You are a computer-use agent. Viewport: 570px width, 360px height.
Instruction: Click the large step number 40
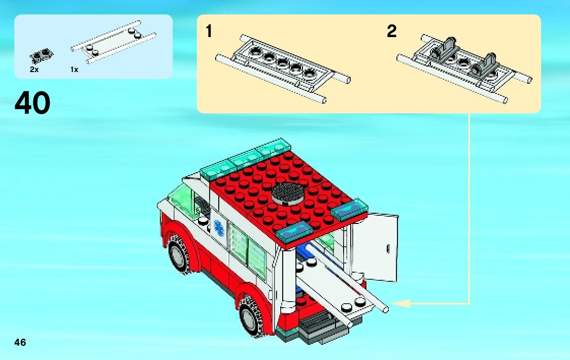32,103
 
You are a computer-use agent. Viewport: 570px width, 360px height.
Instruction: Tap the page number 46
20,342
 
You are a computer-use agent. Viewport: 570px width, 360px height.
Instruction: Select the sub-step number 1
209,31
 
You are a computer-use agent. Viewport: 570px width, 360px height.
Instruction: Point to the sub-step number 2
391,31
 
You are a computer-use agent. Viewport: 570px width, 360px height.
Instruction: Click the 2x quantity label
34,70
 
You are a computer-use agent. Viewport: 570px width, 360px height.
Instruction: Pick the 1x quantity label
74,70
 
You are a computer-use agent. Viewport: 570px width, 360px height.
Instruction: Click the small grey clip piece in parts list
41,55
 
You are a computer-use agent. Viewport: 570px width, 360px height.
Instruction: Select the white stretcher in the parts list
113,42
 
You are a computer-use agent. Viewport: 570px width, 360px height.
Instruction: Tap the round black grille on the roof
289,193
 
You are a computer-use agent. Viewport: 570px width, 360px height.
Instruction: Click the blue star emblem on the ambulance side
219,228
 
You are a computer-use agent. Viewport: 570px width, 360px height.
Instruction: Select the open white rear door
375,247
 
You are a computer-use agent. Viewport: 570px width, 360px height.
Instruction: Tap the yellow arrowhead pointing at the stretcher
401,303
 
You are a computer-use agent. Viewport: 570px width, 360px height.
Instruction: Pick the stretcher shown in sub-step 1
283,69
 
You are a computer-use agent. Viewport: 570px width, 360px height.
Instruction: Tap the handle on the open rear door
387,249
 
